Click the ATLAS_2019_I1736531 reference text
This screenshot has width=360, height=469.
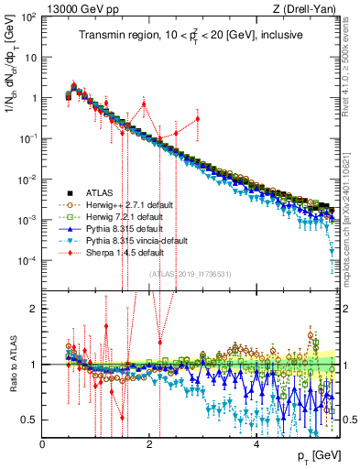[191, 275]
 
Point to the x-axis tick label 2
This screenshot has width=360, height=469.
[150, 443]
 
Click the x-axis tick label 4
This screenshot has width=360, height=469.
[256, 443]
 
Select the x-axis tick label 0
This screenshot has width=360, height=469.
[43, 443]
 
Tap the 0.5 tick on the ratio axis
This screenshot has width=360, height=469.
[31, 420]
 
